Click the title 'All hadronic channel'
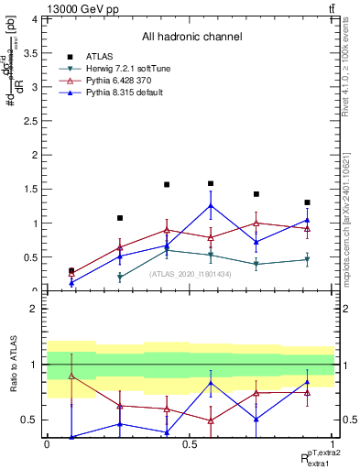pos(191,38)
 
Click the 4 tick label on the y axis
pos(35,19)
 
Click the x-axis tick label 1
pos(332,444)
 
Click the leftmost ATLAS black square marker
pos(71,271)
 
